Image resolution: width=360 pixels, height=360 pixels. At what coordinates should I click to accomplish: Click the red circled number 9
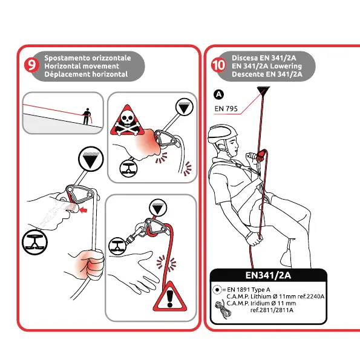pyautogui.click(x=31, y=65)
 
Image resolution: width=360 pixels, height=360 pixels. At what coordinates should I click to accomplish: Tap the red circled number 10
pyautogui.click(x=218, y=65)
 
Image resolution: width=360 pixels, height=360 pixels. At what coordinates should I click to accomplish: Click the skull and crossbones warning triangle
pyautogui.click(x=127, y=120)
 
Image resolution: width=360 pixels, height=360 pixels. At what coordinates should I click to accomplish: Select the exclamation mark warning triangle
pyautogui.click(x=170, y=296)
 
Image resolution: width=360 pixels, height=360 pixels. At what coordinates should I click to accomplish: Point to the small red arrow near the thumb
pyautogui.click(x=83, y=209)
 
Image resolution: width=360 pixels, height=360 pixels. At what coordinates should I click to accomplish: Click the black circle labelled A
pyautogui.click(x=219, y=94)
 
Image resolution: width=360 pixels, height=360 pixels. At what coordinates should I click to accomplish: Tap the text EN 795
pyautogui.click(x=226, y=108)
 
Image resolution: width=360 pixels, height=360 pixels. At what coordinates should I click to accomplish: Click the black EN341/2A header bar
pyautogui.click(x=269, y=275)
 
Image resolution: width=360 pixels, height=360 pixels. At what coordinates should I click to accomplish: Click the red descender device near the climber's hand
pyautogui.click(x=262, y=155)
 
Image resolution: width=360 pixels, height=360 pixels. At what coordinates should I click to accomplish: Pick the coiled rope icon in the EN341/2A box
pyautogui.click(x=223, y=310)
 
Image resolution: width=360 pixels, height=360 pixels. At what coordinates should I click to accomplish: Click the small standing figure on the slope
pyautogui.click(x=87, y=116)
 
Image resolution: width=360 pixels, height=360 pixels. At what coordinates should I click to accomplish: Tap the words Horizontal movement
pyautogui.click(x=82, y=66)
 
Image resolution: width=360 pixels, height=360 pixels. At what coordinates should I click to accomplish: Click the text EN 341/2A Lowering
pyautogui.click(x=267, y=66)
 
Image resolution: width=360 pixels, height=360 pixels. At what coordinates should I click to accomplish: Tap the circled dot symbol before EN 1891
pyautogui.click(x=217, y=290)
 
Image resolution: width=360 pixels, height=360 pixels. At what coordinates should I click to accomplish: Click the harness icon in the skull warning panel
pyautogui.click(x=128, y=168)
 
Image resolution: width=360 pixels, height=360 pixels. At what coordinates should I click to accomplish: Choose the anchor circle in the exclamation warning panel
pyautogui.click(x=158, y=208)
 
